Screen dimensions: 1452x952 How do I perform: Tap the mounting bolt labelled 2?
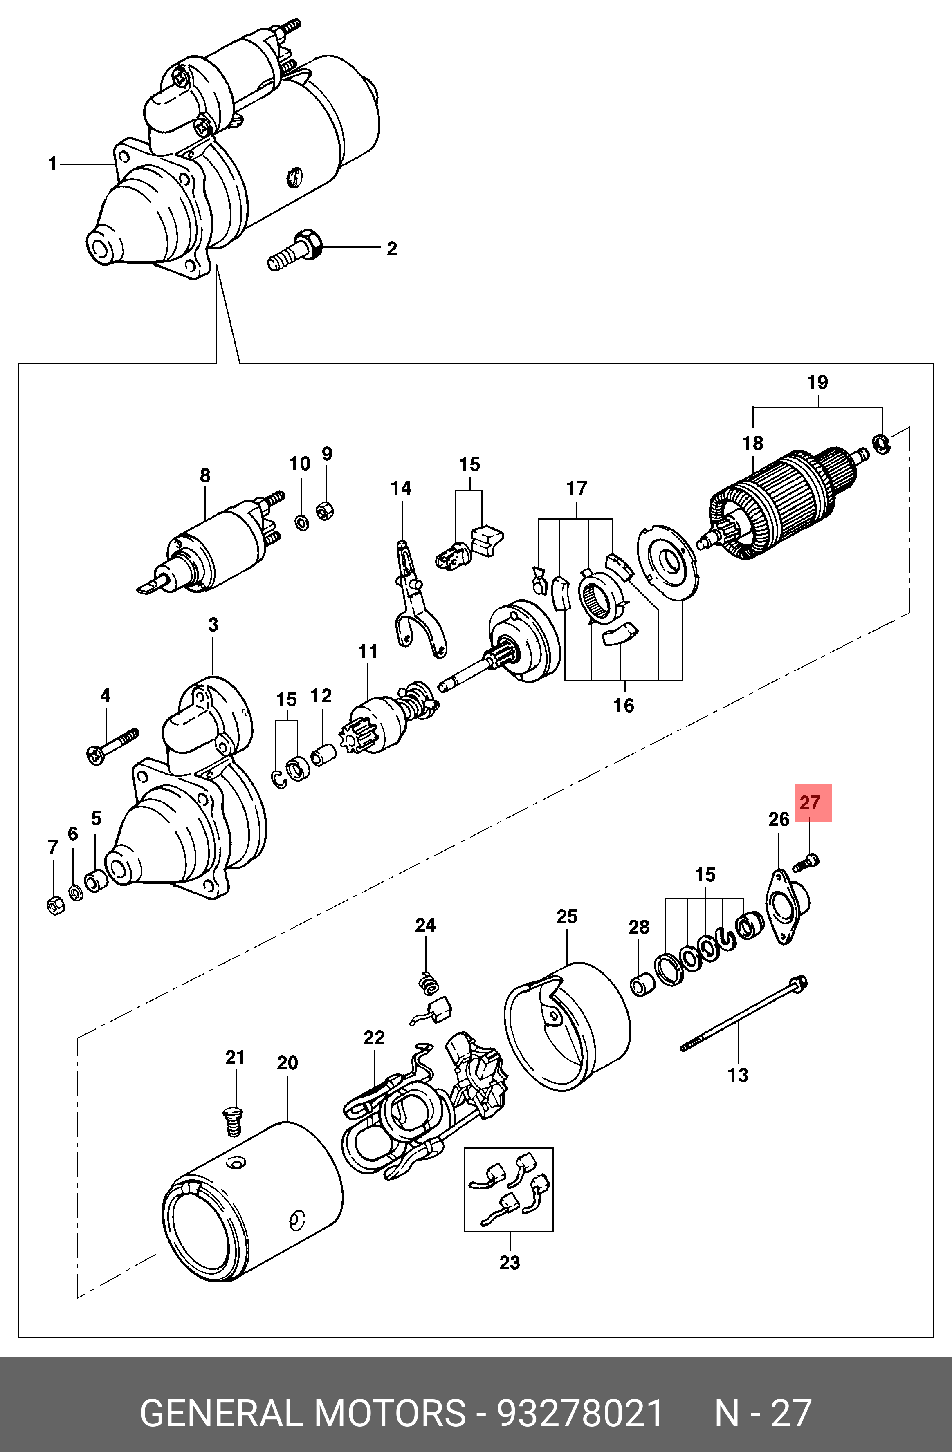[293, 251]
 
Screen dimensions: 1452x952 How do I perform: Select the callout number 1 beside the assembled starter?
[53, 164]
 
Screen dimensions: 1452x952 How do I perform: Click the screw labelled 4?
[113, 745]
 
